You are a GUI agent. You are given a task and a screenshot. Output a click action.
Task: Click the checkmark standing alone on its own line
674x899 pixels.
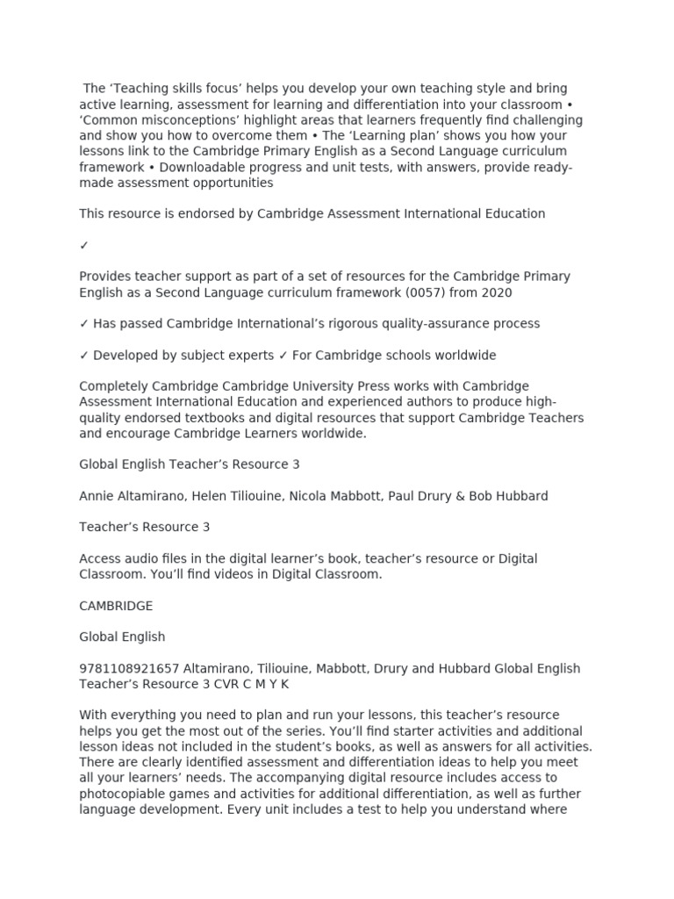pos(84,245)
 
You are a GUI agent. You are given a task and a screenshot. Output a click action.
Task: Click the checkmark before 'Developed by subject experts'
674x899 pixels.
pos(84,356)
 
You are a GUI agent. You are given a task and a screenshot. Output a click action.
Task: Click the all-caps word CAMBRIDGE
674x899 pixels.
pos(116,606)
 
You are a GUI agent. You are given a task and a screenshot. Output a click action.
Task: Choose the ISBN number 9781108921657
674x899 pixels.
pos(128,669)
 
